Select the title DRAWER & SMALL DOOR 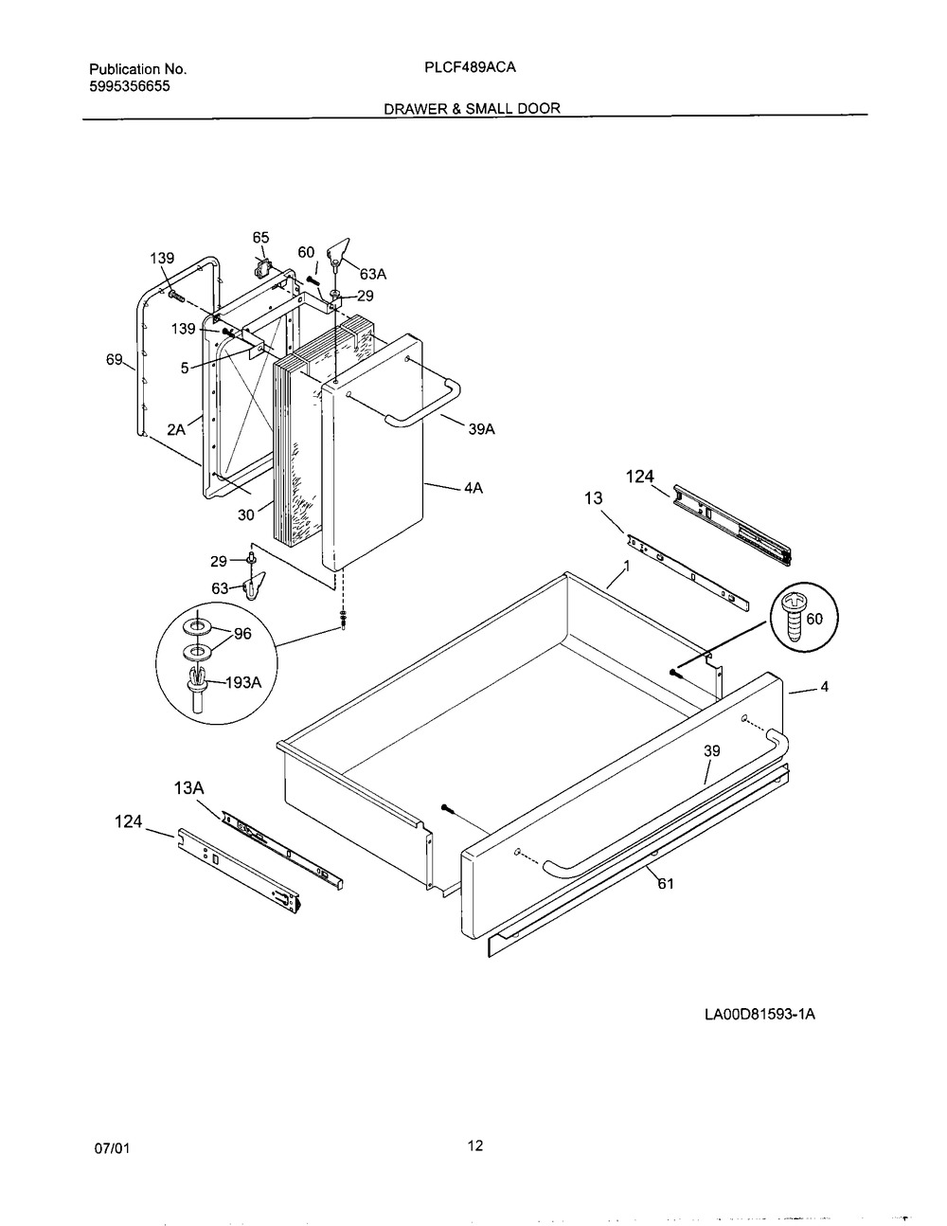tap(472, 108)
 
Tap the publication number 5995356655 tap(131, 86)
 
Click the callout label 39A tap(481, 429)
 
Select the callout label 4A tap(473, 488)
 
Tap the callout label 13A tap(188, 786)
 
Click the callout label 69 tap(114, 359)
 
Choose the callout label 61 tap(666, 884)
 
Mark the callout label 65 tap(260, 237)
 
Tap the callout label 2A tap(176, 428)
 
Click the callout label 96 tap(242, 634)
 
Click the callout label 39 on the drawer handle tap(711, 750)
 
